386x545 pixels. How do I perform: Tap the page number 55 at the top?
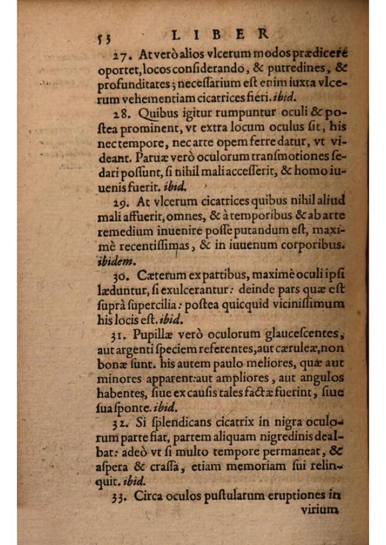click(x=103, y=38)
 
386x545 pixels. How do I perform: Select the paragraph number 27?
click(x=120, y=55)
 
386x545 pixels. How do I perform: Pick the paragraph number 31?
click(x=120, y=336)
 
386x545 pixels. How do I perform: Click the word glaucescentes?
click(x=302, y=334)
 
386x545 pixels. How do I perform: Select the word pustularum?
click(x=216, y=496)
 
